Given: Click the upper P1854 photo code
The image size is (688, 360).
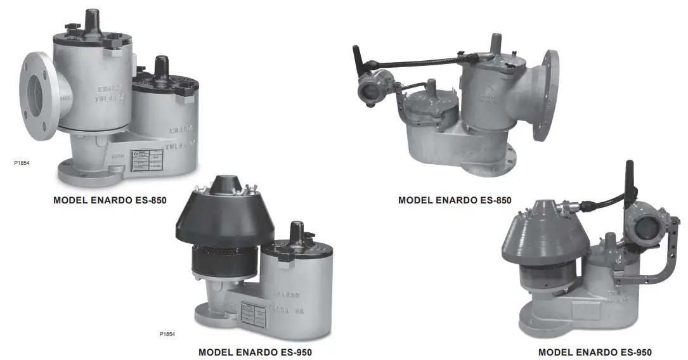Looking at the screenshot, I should (x=22, y=163).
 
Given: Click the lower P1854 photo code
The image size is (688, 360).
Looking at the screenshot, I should (x=167, y=333).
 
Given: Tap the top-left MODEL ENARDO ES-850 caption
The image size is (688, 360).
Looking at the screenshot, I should (x=110, y=200).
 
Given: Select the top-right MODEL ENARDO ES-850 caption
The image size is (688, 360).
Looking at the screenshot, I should (x=455, y=200).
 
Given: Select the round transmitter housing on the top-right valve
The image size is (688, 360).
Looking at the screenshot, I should (x=367, y=90).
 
